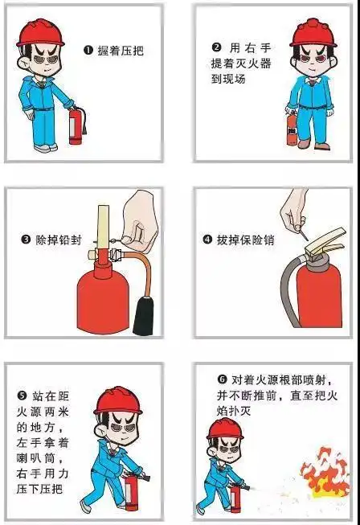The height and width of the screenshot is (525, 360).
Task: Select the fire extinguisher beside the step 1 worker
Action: click(76, 127)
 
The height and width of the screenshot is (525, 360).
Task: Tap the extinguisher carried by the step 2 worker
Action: click(291, 129)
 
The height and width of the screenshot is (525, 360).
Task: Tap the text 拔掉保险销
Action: click(240, 240)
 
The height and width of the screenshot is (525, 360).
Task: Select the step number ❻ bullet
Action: click(222, 379)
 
